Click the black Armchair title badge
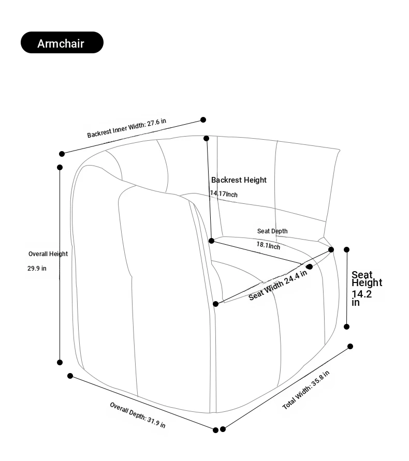tap(62, 43)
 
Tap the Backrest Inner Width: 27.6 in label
tap(127, 128)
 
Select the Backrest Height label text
tap(239, 180)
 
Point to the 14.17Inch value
tap(224, 194)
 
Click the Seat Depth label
tap(272, 231)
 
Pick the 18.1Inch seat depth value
tap(268, 245)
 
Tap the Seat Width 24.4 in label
tap(277, 285)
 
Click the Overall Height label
tap(48, 254)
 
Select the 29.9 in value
tap(37, 269)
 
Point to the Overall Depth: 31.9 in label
tap(138, 414)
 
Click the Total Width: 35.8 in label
tap(305, 390)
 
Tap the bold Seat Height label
tap(367, 279)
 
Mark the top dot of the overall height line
tap(60, 167)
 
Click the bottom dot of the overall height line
tap(60, 363)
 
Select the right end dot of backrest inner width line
tap(203, 120)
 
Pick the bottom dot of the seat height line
tap(347, 327)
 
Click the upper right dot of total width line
tap(350, 347)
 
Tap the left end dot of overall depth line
tap(70, 376)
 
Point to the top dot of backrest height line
tap(207, 138)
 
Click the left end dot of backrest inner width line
tap(62, 154)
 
